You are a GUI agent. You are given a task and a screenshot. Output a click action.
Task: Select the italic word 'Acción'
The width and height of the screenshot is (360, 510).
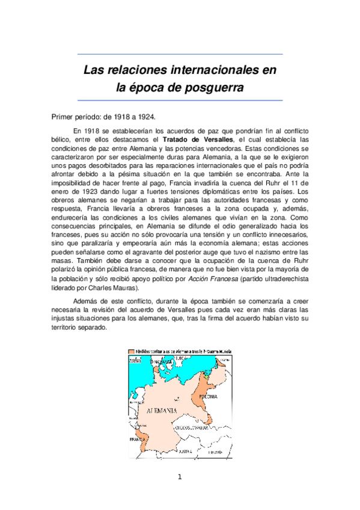point(201,262)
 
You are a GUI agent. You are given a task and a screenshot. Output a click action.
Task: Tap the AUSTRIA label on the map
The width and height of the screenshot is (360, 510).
point(184,450)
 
